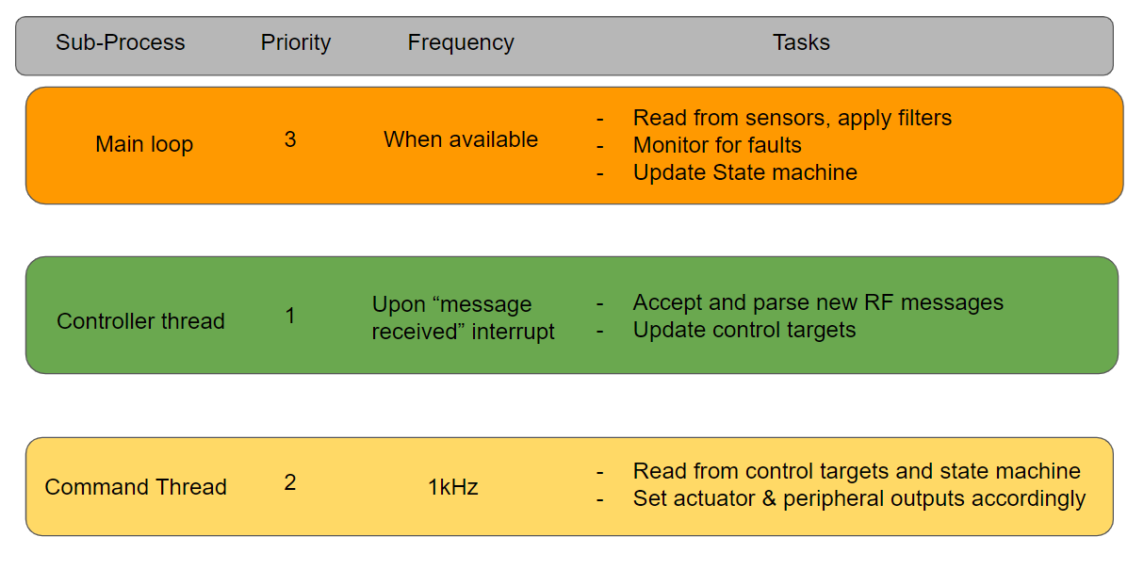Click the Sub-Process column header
click(x=121, y=43)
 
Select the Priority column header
click(x=296, y=43)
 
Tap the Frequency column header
click(x=461, y=43)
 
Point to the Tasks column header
click(x=801, y=43)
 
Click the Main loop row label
click(x=144, y=145)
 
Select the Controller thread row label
click(x=140, y=321)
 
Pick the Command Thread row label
click(x=136, y=487)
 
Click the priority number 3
click(x=290, y=139)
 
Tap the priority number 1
click(x=290, y=316)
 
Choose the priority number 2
click(x=290, y=482)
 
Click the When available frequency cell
click(x=461, y=139)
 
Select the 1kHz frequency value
click(x=453, y=487)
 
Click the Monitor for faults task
click(x=717, y=145)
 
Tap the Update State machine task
click(x=744, y=172)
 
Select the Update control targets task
click(x=744, y=330)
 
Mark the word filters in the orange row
click(x=919, y=118)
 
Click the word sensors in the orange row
click(x=790, y=118)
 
